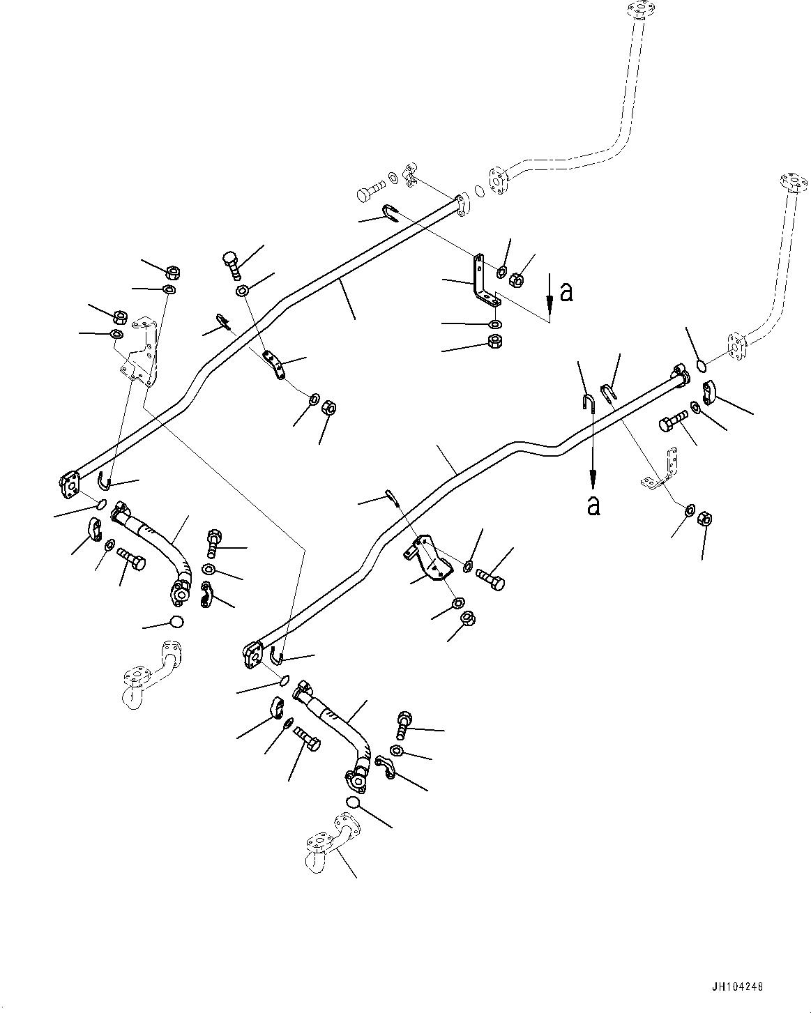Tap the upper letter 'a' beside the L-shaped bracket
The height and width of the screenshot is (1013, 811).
click(567, 292)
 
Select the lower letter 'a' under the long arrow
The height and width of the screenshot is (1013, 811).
click(593, 505)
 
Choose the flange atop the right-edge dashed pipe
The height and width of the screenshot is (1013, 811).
click(790, 183)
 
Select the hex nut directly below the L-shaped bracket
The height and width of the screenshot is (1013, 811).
click(494, 342)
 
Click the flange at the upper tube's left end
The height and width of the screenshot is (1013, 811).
click(70, 483)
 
